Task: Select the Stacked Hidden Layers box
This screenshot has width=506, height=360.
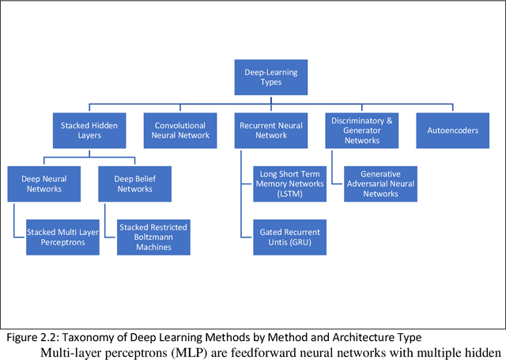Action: coord(89,130)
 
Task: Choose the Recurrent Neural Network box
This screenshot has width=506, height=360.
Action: coord(270,130)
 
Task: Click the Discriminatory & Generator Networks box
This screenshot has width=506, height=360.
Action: coord(361,130)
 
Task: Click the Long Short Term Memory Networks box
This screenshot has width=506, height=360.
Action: coord(289,184)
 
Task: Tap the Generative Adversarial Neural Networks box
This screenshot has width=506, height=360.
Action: coord(380,184)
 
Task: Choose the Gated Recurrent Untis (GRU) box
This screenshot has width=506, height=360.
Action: coord(289,237)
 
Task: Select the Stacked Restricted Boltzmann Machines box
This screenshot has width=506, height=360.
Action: coord(153,237)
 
